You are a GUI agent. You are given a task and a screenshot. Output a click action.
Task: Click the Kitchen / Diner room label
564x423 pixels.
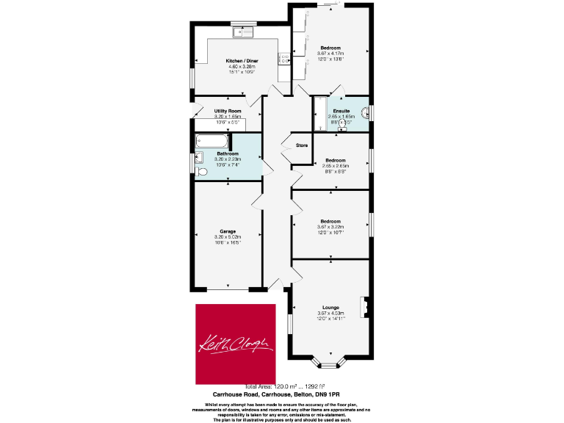click(242, 61)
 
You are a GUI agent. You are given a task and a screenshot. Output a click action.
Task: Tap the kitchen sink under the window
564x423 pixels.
click(242, 32)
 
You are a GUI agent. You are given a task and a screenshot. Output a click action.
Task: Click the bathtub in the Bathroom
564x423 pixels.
click(211, 142)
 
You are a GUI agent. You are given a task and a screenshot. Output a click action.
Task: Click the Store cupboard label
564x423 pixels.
click(301, 145)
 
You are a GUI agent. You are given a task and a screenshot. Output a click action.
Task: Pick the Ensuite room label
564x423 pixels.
click(341, 110)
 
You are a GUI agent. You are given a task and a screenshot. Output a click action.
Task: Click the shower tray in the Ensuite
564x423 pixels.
click(319, 115)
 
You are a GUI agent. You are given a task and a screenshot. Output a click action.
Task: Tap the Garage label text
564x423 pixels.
click(228, 231)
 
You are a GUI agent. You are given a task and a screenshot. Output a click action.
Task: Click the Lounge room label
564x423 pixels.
click(330, 308)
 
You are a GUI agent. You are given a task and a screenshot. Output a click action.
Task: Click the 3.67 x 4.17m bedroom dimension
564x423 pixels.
click(330, 53)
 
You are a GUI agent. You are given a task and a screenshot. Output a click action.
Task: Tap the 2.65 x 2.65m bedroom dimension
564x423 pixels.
click(336, 165)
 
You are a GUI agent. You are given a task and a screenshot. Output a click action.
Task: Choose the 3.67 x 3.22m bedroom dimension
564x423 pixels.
click(330, 227)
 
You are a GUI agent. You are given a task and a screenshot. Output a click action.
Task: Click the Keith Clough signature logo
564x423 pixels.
click(235, 343)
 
